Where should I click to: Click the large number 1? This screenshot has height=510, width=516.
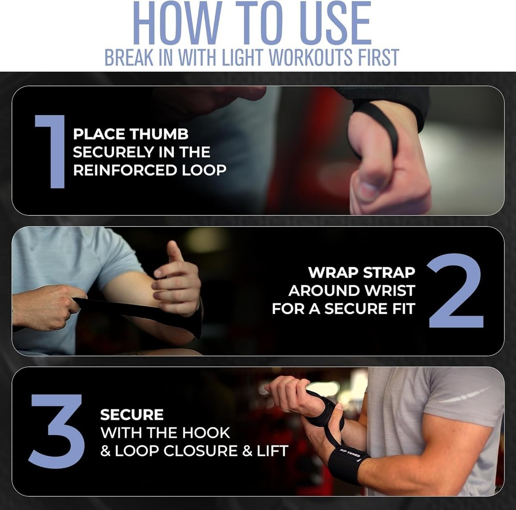pyautogui.click(x=51, y=151)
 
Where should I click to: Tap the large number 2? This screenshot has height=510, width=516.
pyautogui.click(x=455, y=291)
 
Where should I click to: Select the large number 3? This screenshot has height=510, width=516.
pyautogui.click(x=57, y=431)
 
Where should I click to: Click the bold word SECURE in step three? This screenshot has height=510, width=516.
pyautogui.click(x=132, y=414)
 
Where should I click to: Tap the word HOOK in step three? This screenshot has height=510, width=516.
pyautogui.click(x=206, y=432)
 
